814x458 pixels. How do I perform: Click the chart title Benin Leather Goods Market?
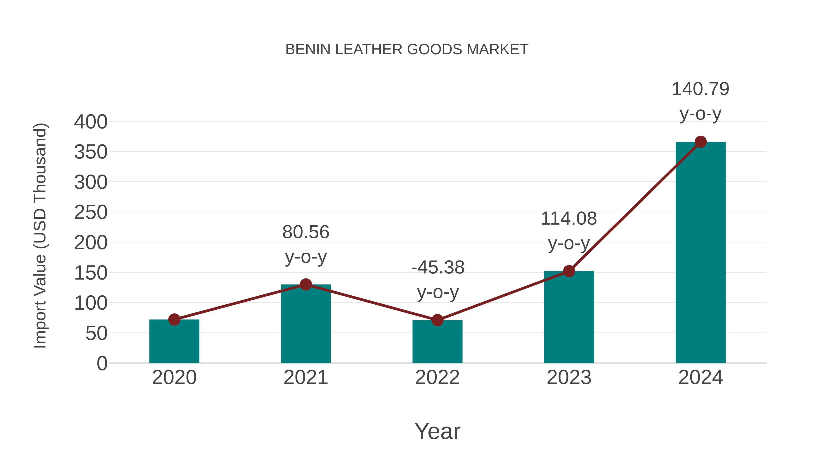407,50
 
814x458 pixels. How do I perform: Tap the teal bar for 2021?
305,325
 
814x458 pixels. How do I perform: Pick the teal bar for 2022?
437,343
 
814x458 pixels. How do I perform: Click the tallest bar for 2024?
700,253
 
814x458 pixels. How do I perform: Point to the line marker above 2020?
174,320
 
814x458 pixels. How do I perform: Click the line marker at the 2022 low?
437,320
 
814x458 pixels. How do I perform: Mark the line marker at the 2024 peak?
700,142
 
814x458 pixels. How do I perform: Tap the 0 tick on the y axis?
102,363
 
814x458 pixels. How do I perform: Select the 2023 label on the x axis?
569,377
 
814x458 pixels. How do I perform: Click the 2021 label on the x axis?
305,377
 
